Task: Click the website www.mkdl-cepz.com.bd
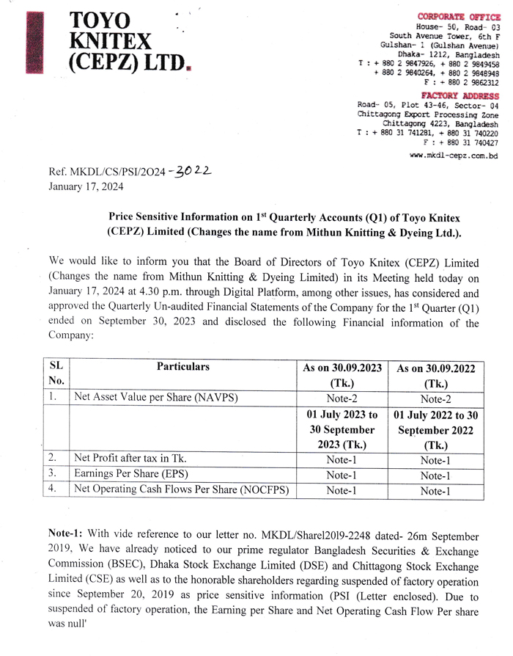[x=454, y=156]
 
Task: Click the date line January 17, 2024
[x=86, y=186]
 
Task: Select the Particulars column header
[x=182, y=367]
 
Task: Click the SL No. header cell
[x=56, y=373]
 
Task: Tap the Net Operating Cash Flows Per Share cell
[x=182, y=489]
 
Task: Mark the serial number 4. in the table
[x=53, y=489]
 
